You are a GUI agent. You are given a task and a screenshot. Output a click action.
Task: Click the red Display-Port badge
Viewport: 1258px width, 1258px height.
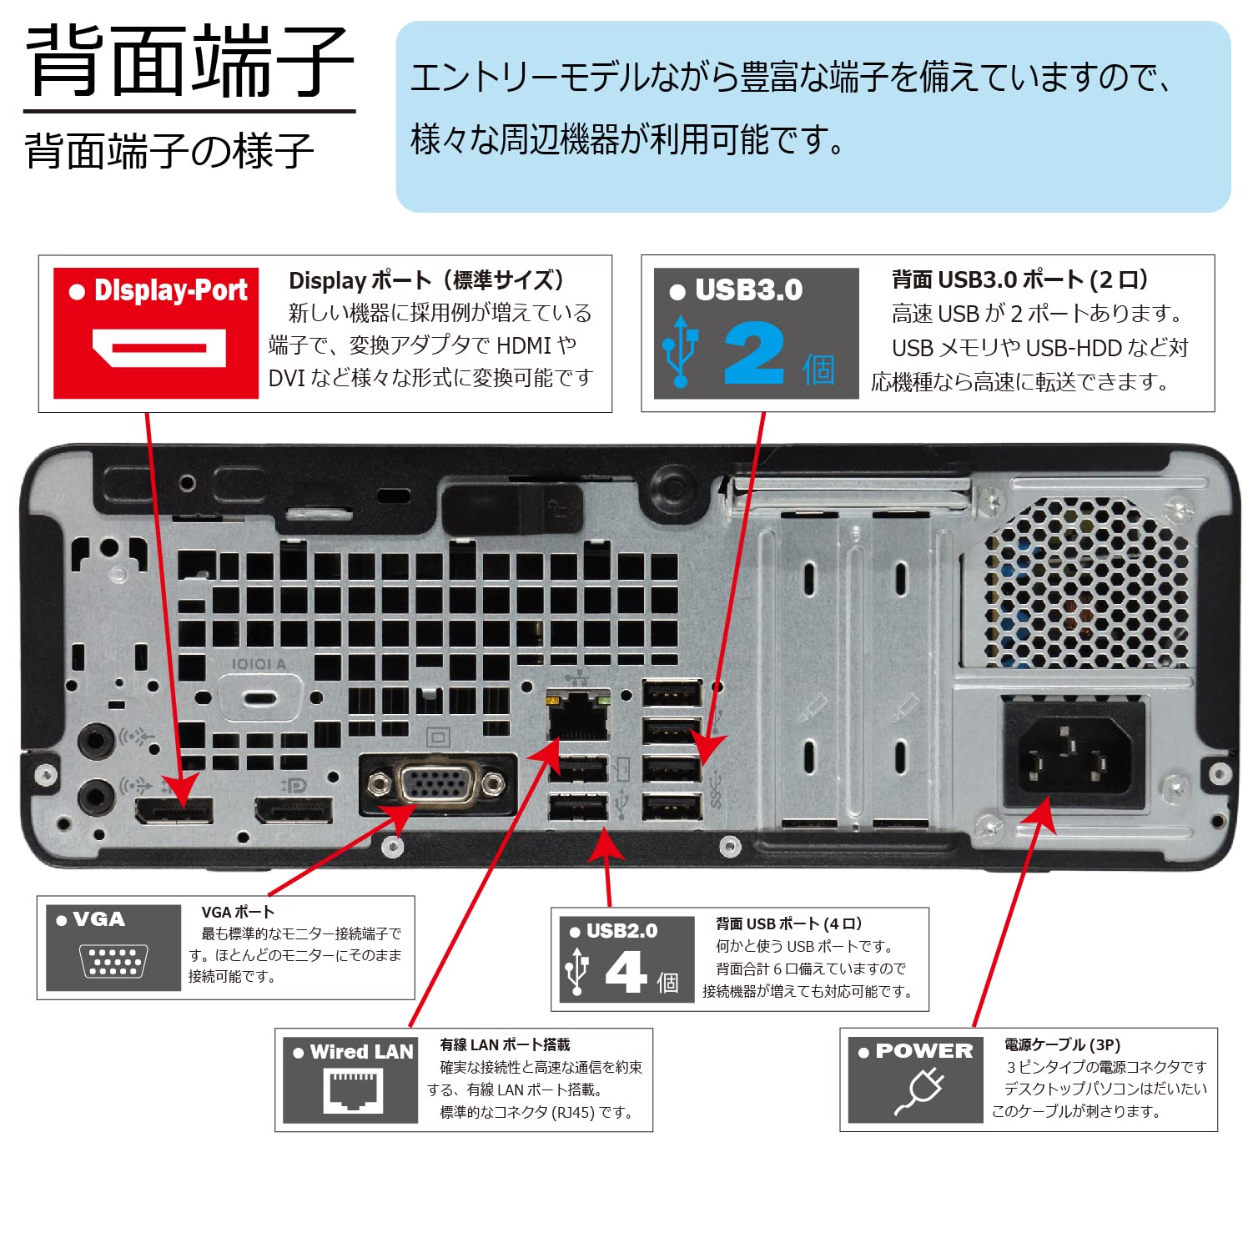[x=156, y=333]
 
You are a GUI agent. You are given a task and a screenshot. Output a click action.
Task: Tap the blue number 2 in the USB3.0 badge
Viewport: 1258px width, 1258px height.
[x=754, y=354]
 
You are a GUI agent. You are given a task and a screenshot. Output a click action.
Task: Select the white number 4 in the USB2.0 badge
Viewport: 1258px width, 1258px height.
[x=626, y=972]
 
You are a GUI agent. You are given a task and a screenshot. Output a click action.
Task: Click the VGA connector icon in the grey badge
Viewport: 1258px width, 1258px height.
[x=113, y=960]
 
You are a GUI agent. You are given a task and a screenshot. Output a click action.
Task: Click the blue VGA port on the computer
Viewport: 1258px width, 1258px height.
[x=436, y=784]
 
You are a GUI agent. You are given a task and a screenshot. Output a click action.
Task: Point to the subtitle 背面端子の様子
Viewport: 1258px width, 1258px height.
[x=169, y=151]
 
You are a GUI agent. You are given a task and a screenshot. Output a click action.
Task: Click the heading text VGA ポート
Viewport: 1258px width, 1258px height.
[x=238, y=912]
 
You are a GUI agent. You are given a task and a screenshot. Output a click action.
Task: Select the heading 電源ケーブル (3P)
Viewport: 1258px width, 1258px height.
[x=1062, y=1044]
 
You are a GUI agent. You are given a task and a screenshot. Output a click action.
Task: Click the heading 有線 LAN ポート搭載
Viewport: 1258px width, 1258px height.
[x=505, y=1044]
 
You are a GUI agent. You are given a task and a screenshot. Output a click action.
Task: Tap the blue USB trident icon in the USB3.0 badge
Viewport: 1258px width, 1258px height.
[x=681, y=351]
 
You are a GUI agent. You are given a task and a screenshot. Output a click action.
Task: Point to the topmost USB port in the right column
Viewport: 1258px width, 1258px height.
[x=672, y=693]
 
